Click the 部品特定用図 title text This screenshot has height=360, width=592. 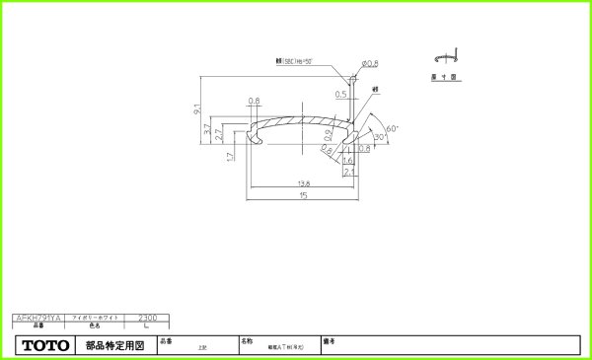pyautogui.click(x=114, y=346)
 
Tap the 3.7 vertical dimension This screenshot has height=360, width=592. pyautogui.click(x=206, y=129)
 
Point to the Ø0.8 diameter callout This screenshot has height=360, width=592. pyautogui.click(x=369, y=64)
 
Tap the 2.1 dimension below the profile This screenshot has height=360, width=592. pyautogui.click(x=348, y=171)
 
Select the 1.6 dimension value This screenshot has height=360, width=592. pyautogui.click(x=348, y=159)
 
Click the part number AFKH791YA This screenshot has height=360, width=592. pyautogui.click(x=38, y=318)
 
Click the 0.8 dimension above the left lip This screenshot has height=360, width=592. pyautogui.click(x=255, y=102)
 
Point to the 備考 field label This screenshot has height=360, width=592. pyautogui.click(x=328, y=340)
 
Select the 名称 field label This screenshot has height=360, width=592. pyautogui.click(x=246, y=340)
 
